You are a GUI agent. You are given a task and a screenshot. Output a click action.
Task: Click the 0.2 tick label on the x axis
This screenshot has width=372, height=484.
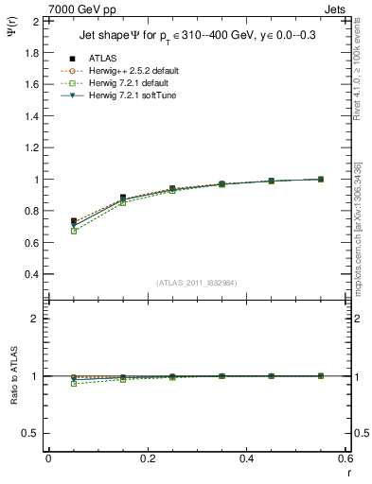147,458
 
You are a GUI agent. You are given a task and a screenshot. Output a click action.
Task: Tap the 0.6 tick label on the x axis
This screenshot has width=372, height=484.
345,458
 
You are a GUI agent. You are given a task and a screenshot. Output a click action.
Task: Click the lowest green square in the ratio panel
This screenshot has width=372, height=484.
74,384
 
